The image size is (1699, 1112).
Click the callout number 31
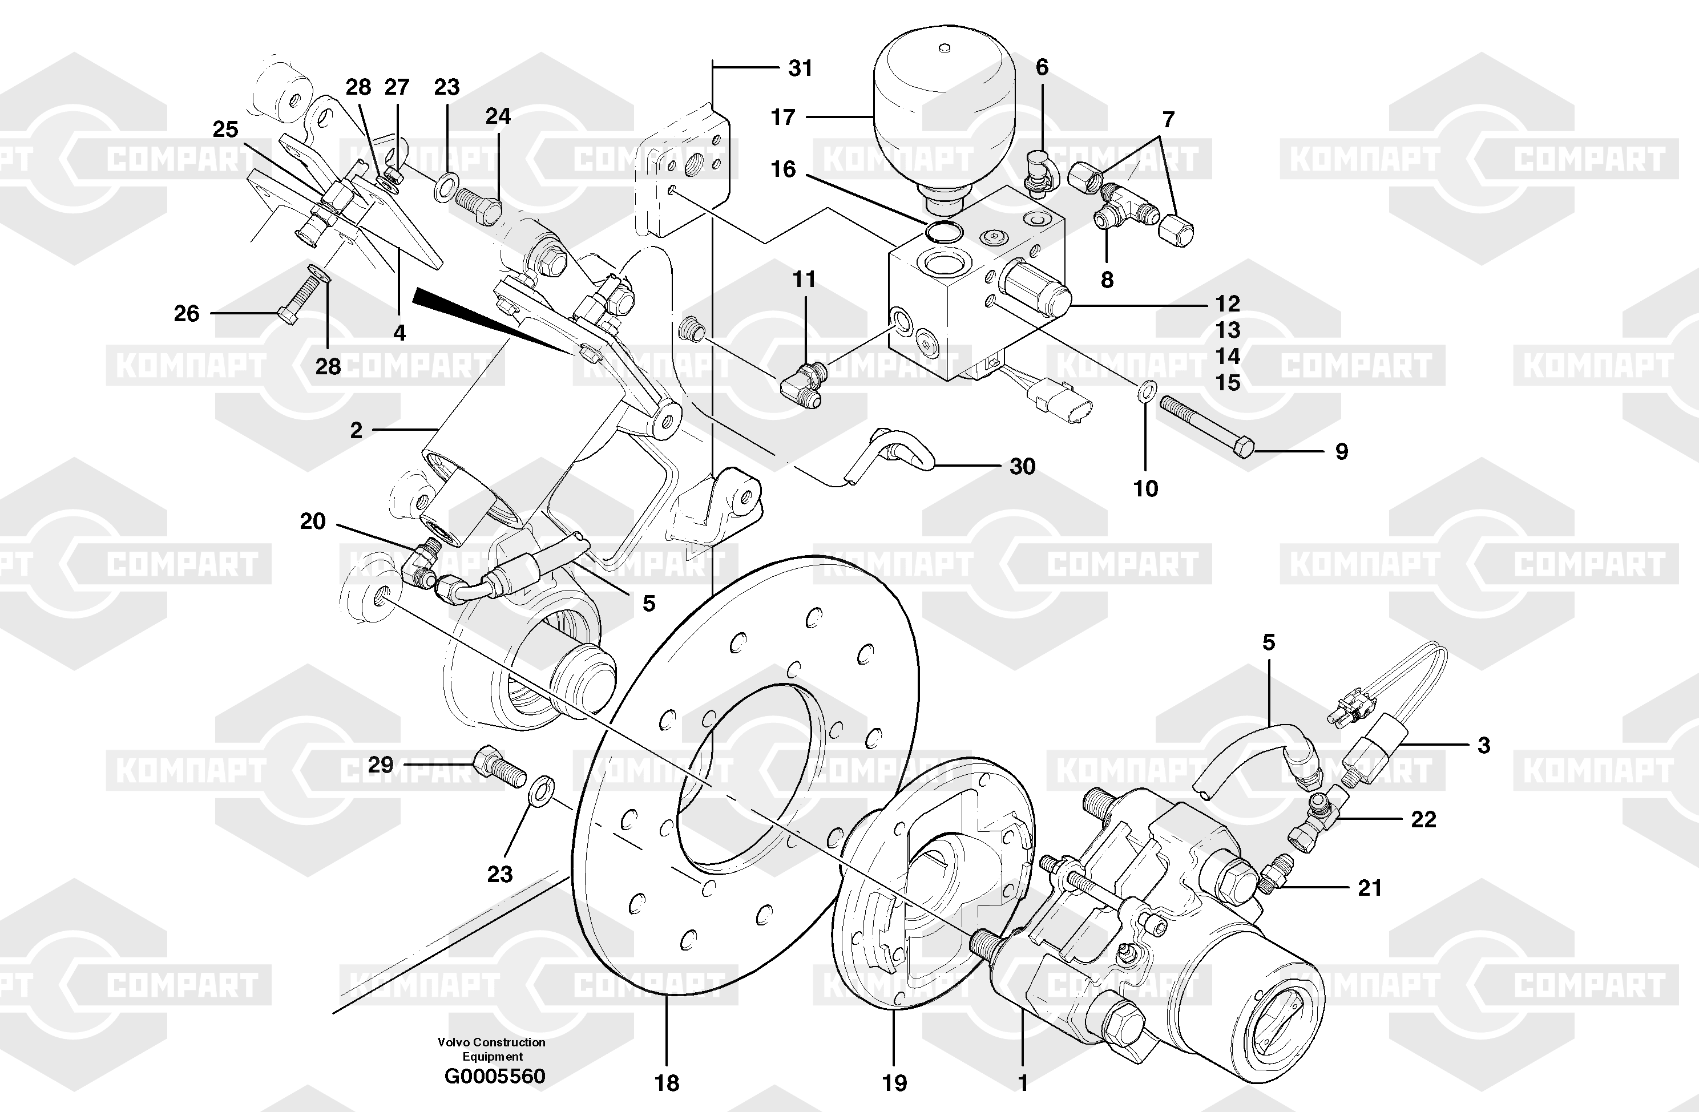pos(800,68)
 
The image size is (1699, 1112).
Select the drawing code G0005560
pos(494,1075)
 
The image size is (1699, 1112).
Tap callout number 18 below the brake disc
pos(667,1083)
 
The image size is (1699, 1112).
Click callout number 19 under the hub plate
pos(894,1083)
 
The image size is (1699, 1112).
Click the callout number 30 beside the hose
pos(1022,467)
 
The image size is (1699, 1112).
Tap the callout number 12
pos(1228,304)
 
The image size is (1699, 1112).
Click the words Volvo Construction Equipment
pos(492,1049)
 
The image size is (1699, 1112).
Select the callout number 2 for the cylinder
pos(356,430)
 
